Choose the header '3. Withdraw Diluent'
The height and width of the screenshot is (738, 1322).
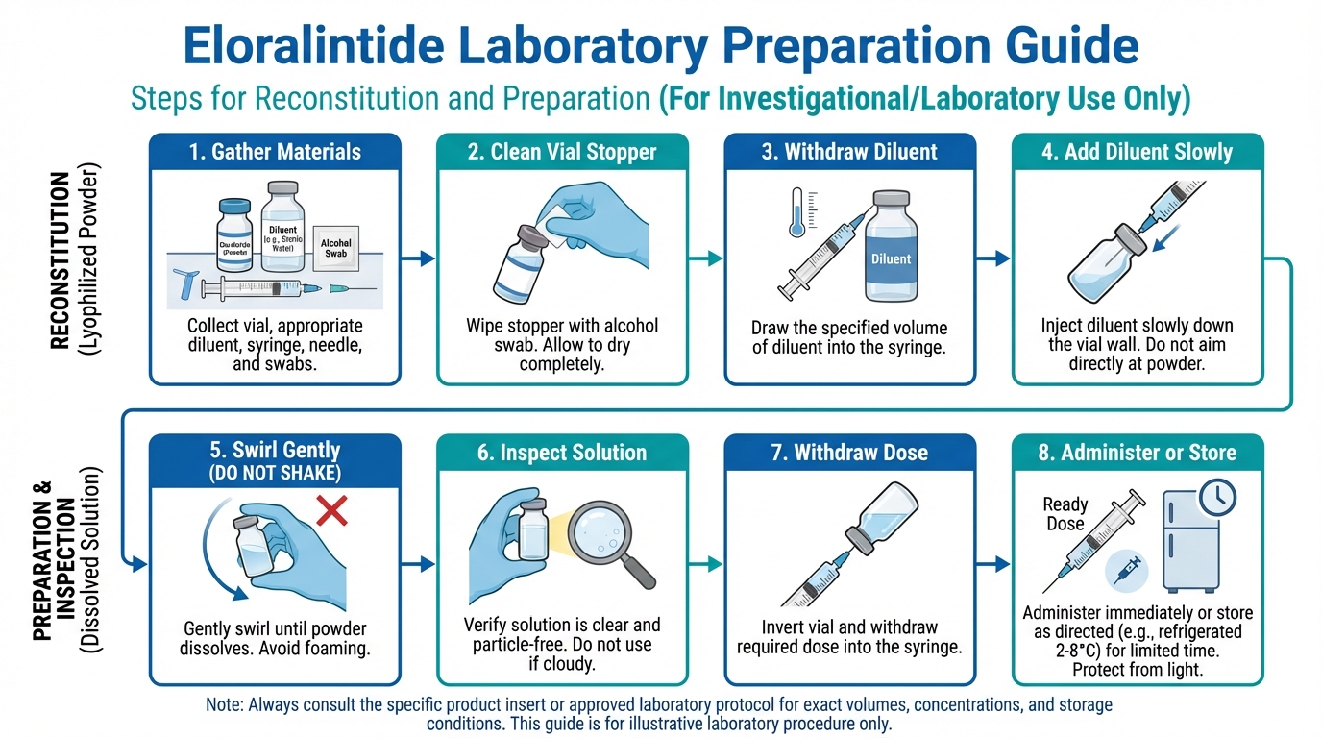(x=849, y=152)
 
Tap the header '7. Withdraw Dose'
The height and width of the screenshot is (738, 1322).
(x=849, y=453)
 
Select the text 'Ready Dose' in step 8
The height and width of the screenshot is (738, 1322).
(x=1065, y=514)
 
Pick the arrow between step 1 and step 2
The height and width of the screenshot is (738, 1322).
(x=418, y=258)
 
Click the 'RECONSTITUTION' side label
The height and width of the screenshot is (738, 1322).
(x=60, y=259)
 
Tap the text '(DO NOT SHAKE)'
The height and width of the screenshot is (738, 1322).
(x=275, y=474)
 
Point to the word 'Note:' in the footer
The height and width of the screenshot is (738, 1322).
(x=226, y=704)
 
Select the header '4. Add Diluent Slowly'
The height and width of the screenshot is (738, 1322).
(x=1138, y=152)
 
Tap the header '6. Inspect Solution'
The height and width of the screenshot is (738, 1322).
(x=562, y=453)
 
